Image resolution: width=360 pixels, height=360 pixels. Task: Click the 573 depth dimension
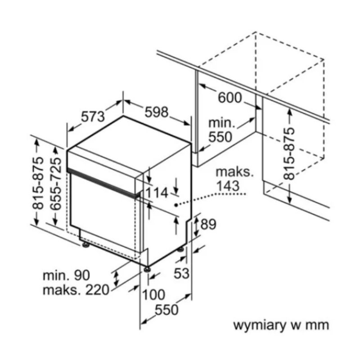(x=93, y=117)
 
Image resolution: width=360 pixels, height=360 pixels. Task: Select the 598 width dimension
(x=157, y=112)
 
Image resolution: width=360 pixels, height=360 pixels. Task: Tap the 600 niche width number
(x=230, y=98)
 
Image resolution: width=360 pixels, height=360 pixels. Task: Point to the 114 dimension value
(x=157, y=193)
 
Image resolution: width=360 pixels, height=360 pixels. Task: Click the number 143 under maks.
(x=228, y=186)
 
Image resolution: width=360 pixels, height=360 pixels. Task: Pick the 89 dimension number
(x=208, y=224)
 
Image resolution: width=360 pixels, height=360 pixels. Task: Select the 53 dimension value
(x=182, y=273)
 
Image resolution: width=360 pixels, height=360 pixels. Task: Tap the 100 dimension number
(x=154, y=295)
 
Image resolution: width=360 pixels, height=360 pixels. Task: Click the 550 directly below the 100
(x=166, y=310)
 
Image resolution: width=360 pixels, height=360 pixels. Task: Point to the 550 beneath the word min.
(x=220, y=137)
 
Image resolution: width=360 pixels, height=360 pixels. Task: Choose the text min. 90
(x=66, y=275)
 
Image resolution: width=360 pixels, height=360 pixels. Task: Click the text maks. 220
(x=76, y=290)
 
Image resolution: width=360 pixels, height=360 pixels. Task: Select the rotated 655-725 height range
(x=56, y=184)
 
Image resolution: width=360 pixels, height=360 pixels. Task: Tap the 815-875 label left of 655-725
(x=38, y=183)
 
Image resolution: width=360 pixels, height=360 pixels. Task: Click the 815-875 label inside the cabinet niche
(x=288, y=153)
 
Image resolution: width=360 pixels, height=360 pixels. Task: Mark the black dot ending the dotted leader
(x=176, y=205)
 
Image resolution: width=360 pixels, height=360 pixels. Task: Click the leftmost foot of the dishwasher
(x=86, y=245)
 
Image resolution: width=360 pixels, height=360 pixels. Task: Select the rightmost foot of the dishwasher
(x=181, y=249)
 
